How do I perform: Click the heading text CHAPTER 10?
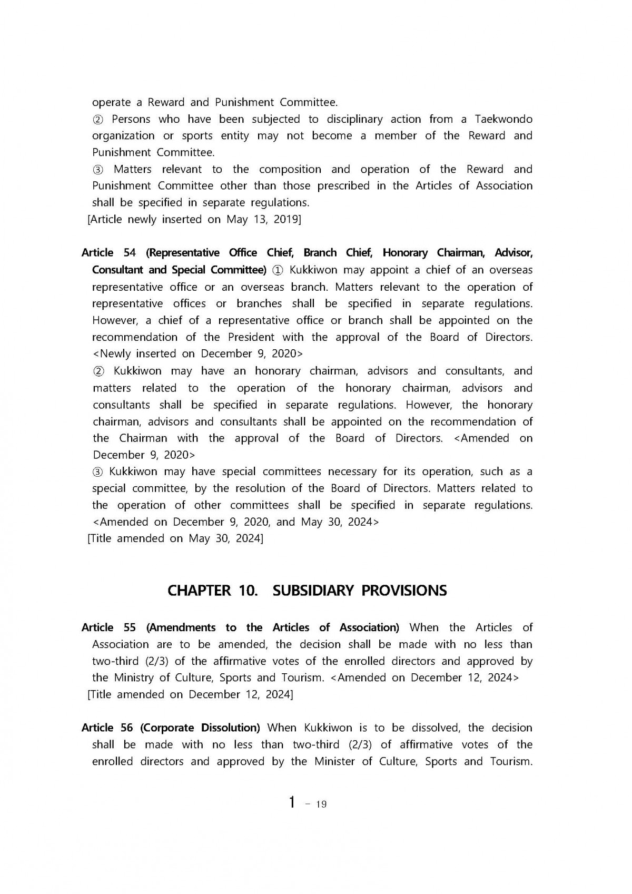pyautogui.click(x=212, y=591)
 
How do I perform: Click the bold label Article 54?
pyautogui.click(x=108, y=253)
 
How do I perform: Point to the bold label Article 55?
pyautogui.click(x=108, y=627)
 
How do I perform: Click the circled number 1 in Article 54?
pyautogui.click(x=278, y=270)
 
